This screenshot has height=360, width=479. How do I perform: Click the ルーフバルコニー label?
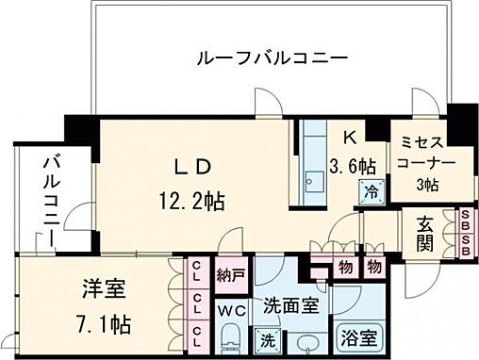(272, 58)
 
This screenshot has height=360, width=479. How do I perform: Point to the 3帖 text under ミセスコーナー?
(428, 184)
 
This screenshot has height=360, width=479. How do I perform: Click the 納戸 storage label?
(232, 277)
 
